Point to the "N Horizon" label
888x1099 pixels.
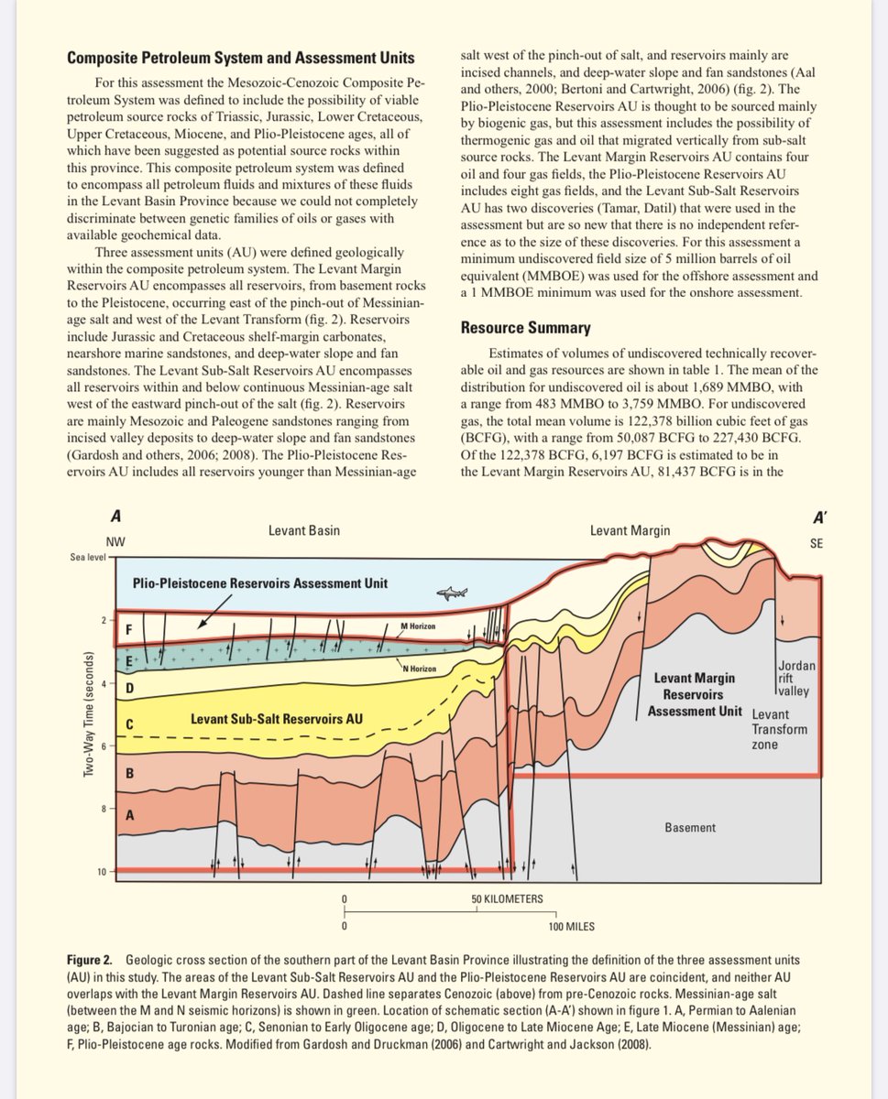click(420, 668)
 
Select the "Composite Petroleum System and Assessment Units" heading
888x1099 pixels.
click(240, 59)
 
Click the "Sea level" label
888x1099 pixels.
click(87, 557)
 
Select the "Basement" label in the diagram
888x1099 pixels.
click(690, 828)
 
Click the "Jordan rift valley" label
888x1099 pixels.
click(794, 679)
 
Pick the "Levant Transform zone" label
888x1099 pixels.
click(780, 729)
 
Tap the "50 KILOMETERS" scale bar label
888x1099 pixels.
click(507, 898)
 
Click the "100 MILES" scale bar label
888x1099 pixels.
click(572, 927)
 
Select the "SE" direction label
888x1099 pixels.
click(817, 543)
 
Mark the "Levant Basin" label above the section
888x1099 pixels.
click(303, 530)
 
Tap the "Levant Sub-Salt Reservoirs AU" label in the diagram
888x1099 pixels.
click(276, 719)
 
